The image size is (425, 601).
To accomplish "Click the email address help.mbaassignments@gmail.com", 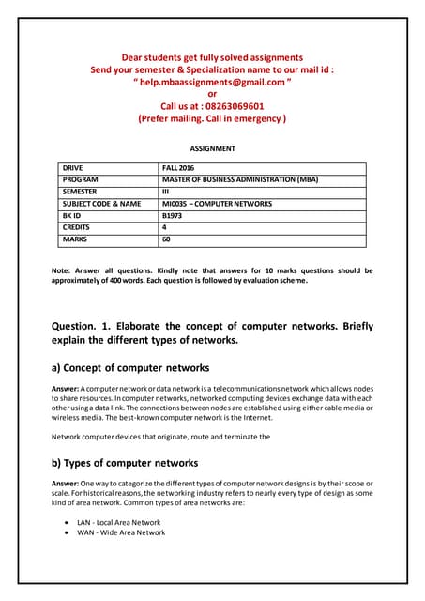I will click(x=212, y=82).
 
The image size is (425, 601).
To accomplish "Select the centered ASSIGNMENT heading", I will click(x=212, y=148).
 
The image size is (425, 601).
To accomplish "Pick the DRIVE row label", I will click(x=73, y=166).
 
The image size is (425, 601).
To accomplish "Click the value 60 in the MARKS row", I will click(x=167, y=239).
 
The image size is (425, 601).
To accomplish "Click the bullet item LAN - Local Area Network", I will click(x=118, y=522).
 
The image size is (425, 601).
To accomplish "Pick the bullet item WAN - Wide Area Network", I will click(x=120, y=532).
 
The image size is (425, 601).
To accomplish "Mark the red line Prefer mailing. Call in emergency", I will click(x=212, y=119).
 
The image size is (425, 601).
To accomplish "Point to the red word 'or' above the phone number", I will click(x=212, y=94).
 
